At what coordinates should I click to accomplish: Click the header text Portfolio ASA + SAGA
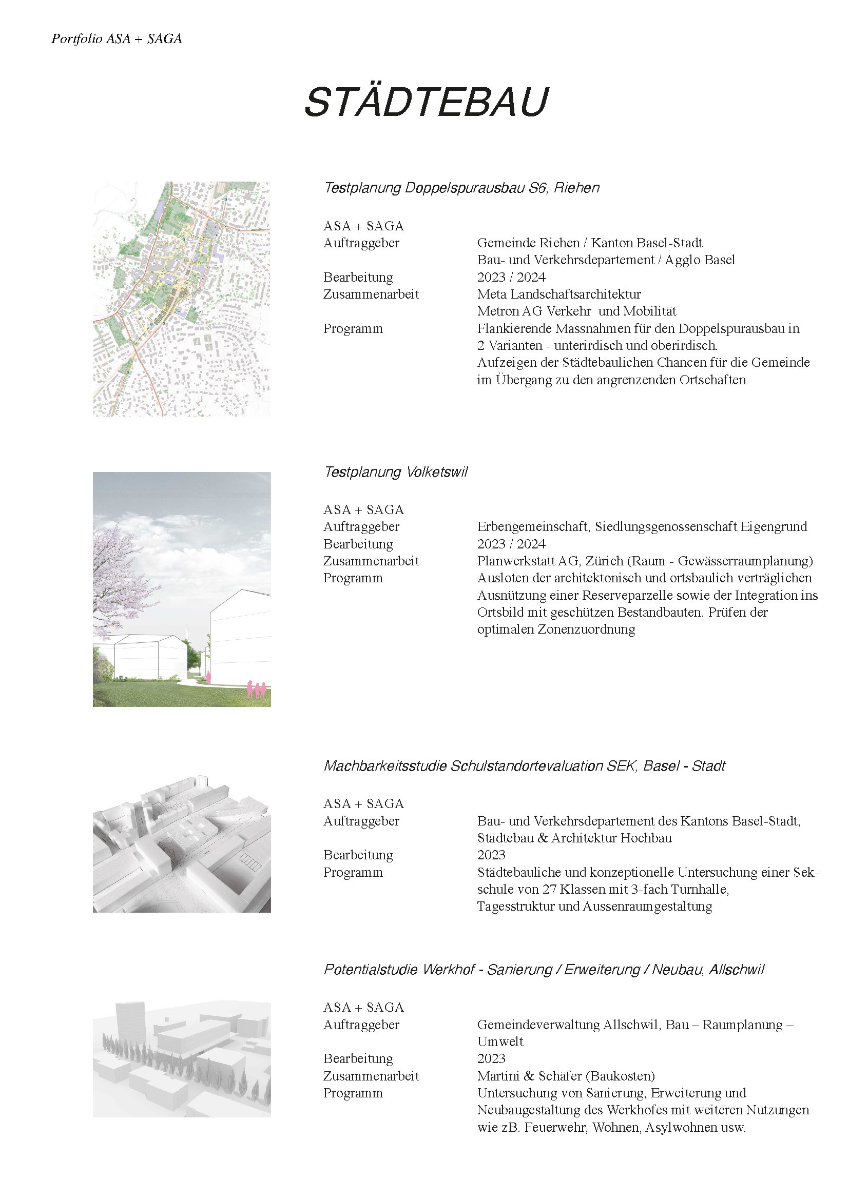click(x=117, y=38)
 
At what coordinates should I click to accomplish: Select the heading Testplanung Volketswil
click(x=395, y=472)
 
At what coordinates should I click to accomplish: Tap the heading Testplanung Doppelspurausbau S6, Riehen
click(x=461, y=188)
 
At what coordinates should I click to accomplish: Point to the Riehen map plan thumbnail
click(x=181, y=299)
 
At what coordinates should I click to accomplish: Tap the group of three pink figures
click(x=256, y=690)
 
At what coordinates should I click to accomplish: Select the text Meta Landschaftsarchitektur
click(x=559, y=294)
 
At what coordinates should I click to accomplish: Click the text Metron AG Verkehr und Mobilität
click(x=576, y=311)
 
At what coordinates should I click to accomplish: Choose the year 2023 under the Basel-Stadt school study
click(x=491, y=855)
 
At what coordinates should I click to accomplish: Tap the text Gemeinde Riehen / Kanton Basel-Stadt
click(x=589, y=243)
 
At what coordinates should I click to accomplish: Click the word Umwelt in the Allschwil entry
click(x=500, y=1041)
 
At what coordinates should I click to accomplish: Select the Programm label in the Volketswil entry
click(x=353, y=578)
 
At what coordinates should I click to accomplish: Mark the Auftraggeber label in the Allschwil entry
click(x=361, y=1025)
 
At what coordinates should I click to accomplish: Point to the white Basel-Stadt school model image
click(x=181, y=843)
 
